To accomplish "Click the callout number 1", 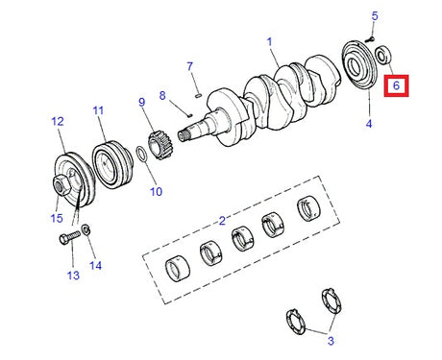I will (270, 42).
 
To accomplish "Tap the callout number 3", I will (331, 340).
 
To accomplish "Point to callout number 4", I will (368, 124).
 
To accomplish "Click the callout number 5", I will (375, 16).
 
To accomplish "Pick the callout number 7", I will (190, 66).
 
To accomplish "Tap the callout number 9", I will (141, 103).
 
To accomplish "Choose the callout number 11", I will (98, 110).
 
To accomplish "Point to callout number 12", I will (57, 121).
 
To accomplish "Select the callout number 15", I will (58, 218).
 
